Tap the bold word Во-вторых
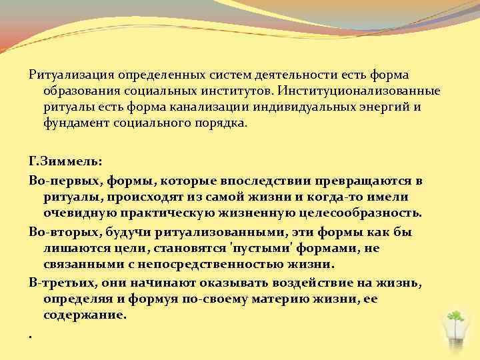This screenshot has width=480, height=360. pos(58,231)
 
